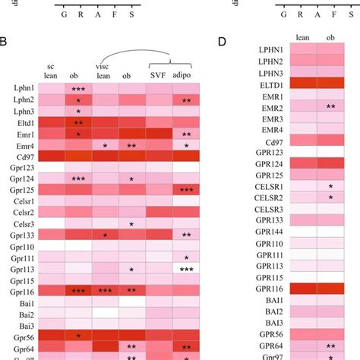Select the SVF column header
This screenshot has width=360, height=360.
159,77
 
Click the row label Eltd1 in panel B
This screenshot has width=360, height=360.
25,122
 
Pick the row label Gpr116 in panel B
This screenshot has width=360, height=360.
23,291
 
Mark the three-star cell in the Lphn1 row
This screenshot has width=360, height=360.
77,89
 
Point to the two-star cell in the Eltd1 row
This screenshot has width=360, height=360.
77,122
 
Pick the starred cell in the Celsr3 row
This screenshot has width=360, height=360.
131,224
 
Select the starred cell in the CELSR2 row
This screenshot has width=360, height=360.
331,197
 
